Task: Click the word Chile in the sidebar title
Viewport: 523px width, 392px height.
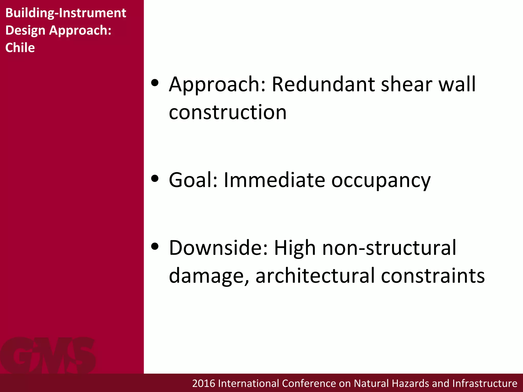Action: coord(20,48)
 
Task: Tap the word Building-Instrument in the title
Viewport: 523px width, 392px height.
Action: coord(66,13)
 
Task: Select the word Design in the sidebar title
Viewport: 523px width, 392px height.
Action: coord(25,30)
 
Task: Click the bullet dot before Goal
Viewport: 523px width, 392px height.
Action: coord(155,178)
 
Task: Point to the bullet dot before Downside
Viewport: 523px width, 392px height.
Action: coord(155,246)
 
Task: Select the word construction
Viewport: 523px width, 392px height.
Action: coord(228,112)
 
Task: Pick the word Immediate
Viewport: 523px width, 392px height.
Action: coord(274,180)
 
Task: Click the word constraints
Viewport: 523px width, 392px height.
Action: coord(433,276)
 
